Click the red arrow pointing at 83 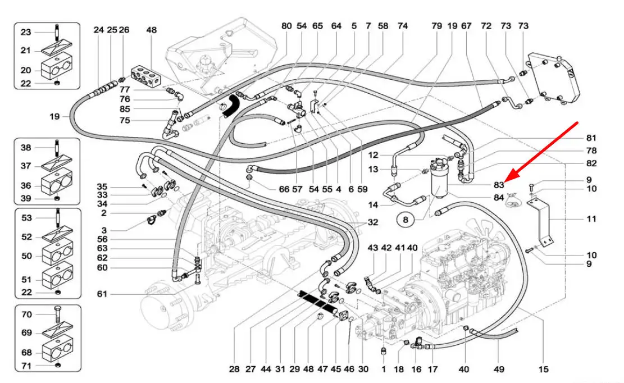[x=542, y=149]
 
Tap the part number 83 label [x=499, y=184]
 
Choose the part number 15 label [x=543, y=369]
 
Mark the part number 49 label [x=499, y=369]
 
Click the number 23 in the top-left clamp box [x=26, y=33]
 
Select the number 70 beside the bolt [x=26, y=314]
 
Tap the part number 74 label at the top [x=402, y=26]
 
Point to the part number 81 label [x=591, y=138]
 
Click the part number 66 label [x=284, y=190]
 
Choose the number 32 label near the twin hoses [x=372, y=222]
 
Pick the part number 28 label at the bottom [x=234, y=369]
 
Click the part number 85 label [x=125, y=109]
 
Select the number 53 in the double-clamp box [x=26, y=218]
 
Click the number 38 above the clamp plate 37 [x=26, y=148]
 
